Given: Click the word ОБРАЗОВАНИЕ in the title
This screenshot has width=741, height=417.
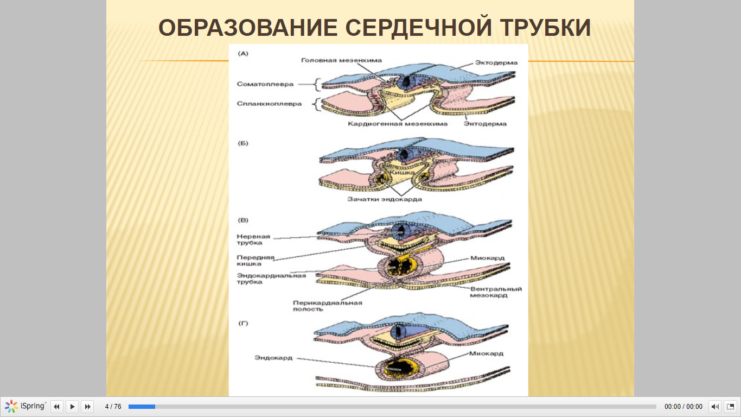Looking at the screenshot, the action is point(248,28).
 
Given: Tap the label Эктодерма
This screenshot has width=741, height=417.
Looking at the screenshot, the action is point(496,62).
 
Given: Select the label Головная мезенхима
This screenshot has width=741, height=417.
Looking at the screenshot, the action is point(341,60).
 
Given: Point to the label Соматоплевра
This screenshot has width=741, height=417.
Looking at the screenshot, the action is point(265,84).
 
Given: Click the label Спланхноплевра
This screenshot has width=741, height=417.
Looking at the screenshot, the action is point(269,104).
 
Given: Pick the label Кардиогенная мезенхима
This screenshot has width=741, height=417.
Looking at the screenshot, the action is point(398,124).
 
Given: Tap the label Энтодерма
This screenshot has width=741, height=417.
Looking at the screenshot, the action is point(485,124).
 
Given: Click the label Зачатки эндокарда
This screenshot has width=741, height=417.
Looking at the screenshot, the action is point(385,199).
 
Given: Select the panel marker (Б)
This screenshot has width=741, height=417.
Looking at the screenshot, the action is point(243,143).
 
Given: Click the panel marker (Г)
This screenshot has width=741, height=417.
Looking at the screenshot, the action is point(243,323).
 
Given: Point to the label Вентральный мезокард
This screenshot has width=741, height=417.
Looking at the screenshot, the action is point(496,292).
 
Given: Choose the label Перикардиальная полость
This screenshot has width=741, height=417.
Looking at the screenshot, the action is point(328,306).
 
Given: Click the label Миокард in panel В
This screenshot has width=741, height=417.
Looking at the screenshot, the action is point(487,258).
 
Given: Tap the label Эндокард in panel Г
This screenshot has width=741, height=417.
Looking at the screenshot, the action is point(273,358).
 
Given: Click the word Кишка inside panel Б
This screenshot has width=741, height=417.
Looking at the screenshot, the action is point(401,173).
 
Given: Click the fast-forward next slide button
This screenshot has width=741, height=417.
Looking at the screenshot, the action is point(88,406).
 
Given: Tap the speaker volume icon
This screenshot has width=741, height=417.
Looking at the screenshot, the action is point(715,406).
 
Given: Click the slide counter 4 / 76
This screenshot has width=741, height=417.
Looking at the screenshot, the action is point(113,406).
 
